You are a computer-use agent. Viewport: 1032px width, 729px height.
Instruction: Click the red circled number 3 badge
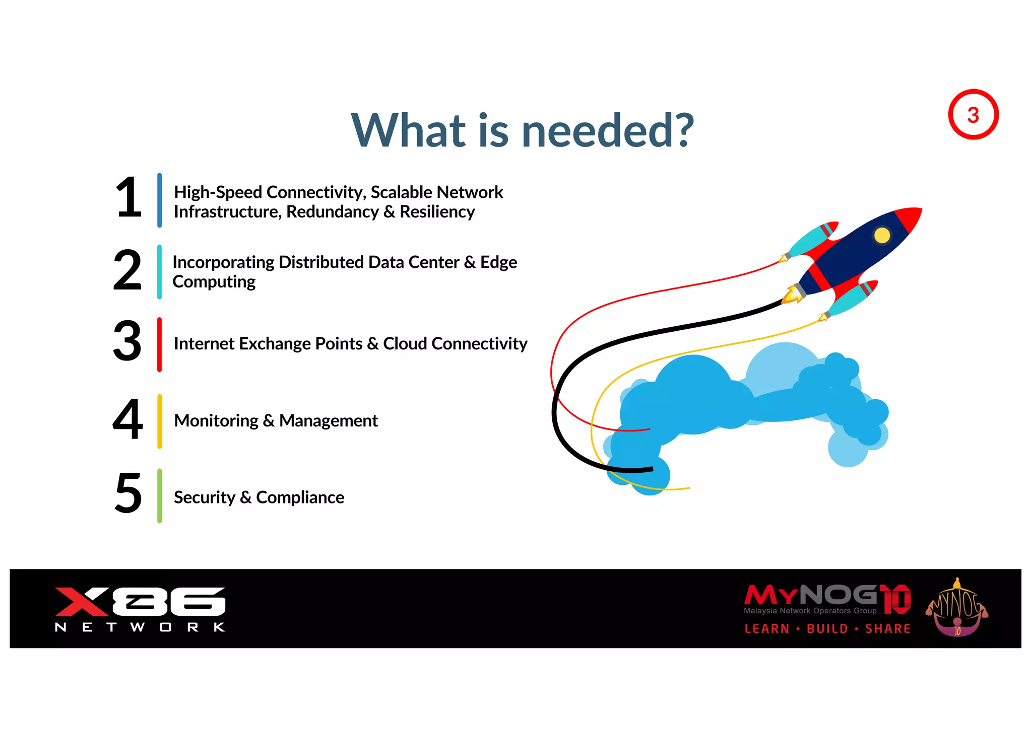pos(973,115)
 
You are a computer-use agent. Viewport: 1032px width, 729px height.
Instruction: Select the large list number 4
pos(127,419)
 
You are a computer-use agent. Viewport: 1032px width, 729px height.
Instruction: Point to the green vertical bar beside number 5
pos(159,496)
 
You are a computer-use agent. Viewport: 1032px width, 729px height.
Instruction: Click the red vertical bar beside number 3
pos(159,345)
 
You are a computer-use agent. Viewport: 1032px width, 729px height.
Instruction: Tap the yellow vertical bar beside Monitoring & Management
pos(159,421)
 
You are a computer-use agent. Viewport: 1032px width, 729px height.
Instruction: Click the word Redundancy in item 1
pos(332,212)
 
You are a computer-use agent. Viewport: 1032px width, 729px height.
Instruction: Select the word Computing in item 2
pos(214,282)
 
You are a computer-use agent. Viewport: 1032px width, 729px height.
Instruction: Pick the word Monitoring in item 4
pos(216,420)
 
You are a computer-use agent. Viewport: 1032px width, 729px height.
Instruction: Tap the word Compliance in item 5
pos(300,497)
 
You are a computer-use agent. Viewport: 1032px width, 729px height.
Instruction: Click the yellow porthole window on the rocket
pos(882,235)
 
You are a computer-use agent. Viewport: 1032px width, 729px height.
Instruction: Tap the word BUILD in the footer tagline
pos(827,629)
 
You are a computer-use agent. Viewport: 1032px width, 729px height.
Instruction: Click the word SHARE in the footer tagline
pos(887,629)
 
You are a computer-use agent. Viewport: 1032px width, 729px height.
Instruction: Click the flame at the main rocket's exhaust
pos(792,296)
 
